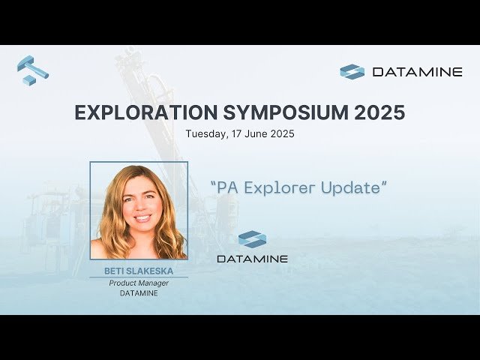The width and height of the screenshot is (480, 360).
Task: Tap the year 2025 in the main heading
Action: [x=379, y=112]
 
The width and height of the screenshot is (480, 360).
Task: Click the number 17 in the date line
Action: [x=233, y=134]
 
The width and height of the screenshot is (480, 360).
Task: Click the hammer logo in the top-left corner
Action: [x=32, y=70]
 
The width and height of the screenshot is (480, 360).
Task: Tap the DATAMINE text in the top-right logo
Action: [x=417, y=72]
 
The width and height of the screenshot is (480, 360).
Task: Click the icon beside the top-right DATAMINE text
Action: [x=352, y=72]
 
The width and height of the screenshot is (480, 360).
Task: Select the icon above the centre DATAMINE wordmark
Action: [x=252, y=239]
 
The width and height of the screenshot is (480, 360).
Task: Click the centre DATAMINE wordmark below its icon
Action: [x=252, y=259]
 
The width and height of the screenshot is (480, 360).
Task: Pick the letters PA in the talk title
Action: [x=228, y=187]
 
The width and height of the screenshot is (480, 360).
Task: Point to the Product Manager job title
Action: [x=139, y=283]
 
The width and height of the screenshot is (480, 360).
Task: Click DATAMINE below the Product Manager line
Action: [x=139, y=293]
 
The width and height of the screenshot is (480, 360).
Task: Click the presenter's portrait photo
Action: [x=139, y=211]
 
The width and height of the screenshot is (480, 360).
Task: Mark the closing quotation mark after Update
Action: [x=385, y=183]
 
